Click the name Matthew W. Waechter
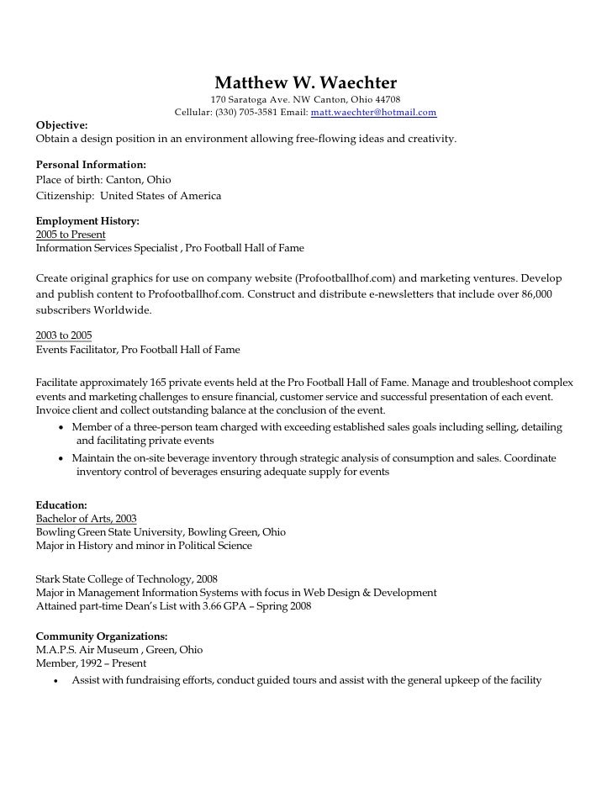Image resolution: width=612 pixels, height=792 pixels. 305,82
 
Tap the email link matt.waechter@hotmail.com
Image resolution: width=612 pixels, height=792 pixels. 373,112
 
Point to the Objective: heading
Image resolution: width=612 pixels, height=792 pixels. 61,124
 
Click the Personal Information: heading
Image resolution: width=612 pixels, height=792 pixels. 91,165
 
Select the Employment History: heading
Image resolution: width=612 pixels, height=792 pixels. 87,220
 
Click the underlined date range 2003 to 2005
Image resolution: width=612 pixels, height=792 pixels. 64,335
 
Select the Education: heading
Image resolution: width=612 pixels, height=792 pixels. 61,504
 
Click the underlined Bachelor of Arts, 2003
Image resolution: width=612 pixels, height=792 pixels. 86,519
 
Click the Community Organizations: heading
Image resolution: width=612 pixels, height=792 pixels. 102,636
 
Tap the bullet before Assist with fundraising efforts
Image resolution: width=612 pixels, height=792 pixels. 56,680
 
